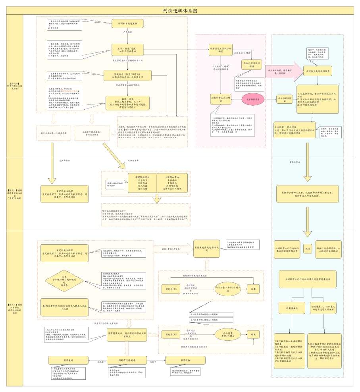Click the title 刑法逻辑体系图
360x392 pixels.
(x=180, y=11)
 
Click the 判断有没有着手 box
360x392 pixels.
(x=127, y=360)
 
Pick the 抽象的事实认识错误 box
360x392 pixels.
(x=221, y=100)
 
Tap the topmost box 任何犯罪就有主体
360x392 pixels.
(x=127, y=23)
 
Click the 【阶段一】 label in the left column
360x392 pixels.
(x=12, y=85)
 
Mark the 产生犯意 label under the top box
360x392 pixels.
(x=127, y=31)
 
